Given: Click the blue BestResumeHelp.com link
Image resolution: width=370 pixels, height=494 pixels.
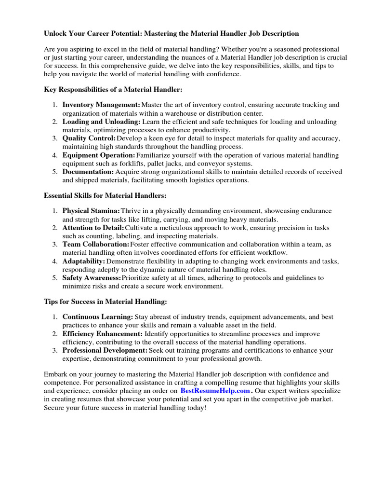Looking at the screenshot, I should tap(215, 391).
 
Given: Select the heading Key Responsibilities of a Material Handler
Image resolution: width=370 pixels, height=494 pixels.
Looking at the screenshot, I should tap(113, 90).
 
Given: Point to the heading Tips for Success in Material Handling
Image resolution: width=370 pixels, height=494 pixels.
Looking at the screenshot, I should tap(106, 302).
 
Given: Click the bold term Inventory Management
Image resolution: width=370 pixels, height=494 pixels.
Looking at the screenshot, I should tap(101, 105).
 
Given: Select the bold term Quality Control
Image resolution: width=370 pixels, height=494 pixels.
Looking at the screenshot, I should tap(89, 138).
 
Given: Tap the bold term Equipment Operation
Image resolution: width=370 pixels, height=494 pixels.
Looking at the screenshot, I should tap(99, 155).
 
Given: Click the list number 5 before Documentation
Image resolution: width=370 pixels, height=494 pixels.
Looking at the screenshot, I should tap(55, 172).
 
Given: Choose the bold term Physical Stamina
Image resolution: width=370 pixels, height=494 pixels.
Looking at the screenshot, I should tap(91, 211).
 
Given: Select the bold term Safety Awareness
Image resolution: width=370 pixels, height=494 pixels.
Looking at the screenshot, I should tap(92, 278).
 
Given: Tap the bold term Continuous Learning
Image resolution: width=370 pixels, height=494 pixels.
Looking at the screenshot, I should tap(98, 317).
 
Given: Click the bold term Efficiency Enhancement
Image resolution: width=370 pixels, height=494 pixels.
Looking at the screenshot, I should tap(103, 334).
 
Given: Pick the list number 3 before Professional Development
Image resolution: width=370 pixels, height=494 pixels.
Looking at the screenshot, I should tap(55, 350).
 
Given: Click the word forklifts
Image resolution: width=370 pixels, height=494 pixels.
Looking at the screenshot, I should tap(112, 163).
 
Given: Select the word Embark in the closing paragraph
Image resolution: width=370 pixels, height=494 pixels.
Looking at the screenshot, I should tap(56, 374).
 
